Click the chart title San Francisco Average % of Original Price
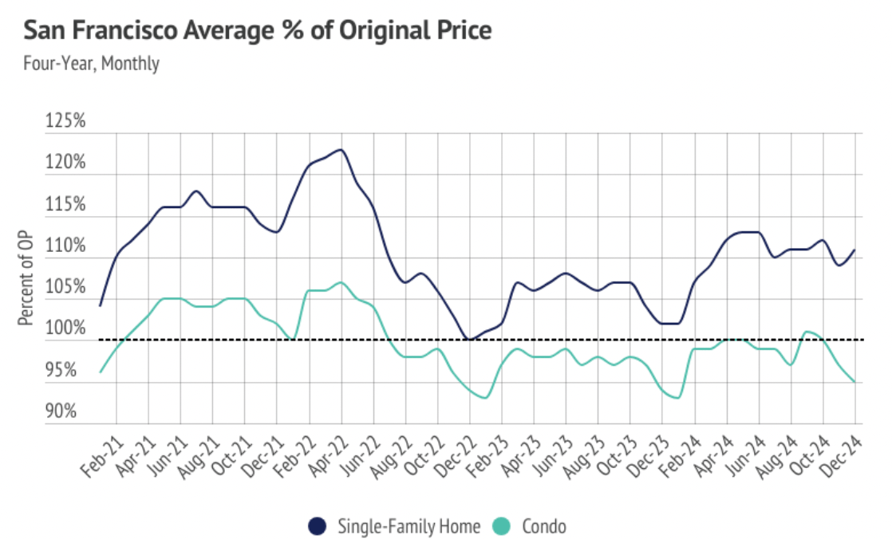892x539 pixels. [x=257, y=31]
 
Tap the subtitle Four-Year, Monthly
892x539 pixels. [x=91, y=63]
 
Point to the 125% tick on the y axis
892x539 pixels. [x=66, y=123]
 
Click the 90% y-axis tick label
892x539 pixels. [x=68, y=412]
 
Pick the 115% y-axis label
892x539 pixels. [x=66, y=205]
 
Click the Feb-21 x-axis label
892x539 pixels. [x=99, y=455]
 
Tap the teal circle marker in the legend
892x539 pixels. [x=500, y=526]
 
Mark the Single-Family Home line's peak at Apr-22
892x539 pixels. [x=341, y=149]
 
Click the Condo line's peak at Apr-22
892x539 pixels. [x=341, y=282]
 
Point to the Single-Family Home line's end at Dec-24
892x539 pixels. [x=855, y=250]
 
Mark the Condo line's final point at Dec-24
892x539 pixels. [x=855, y=382]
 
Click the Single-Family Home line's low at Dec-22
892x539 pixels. [x=470, y=340]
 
